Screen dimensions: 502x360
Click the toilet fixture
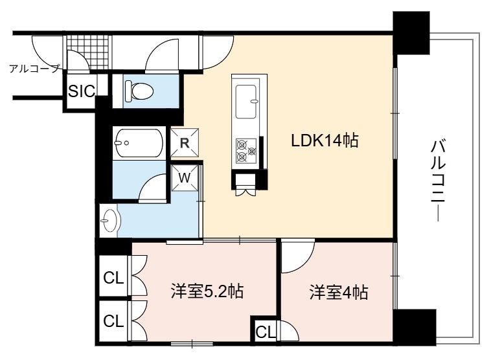[x=139, y=91]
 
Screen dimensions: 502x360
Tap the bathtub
[x=139, y=143]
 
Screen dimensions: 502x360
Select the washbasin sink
[x=109, y=221]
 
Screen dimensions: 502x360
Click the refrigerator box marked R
[x=185, y=142]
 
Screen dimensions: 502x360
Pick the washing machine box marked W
[x=185, y=178]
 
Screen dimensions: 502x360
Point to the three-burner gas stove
[x=246, y=151]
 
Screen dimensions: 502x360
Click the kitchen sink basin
[x=246, y=102]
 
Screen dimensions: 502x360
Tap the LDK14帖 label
[x=325, y=141]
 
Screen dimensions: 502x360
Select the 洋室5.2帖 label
[x=207, y=291]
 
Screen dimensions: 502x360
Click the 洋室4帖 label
[x=339, y=292]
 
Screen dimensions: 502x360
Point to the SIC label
[x=82, y=91]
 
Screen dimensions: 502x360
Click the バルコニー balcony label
[x=438, y=180]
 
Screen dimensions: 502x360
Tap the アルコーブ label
[x=35, y=69]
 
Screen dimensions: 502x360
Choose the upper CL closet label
[x=113, y=278]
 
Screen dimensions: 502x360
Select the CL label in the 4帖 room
[x=266, y=332]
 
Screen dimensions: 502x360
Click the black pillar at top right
[x=411, y=33]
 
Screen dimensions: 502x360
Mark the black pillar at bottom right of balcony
[x=415, y=327]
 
